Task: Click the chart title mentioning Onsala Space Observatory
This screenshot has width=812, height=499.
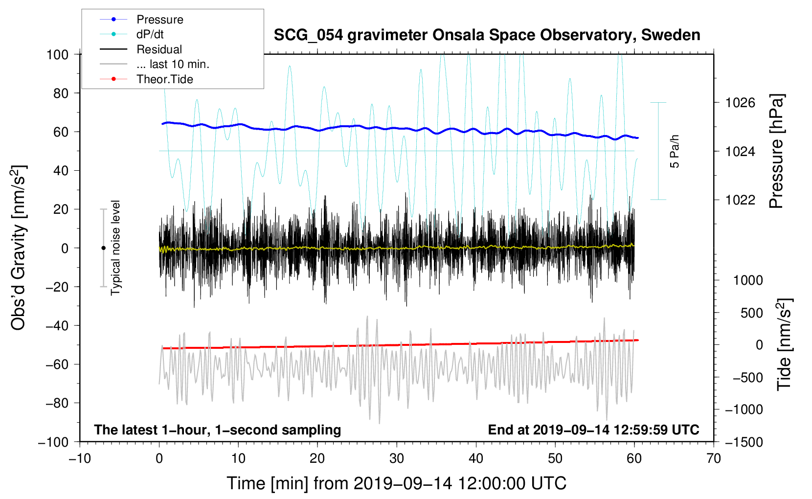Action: (487, 35)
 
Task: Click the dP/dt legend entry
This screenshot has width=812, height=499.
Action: (150, 34)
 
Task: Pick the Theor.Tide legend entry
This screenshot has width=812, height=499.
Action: (164, 79)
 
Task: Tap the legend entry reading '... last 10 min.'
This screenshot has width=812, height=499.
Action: (173, 64)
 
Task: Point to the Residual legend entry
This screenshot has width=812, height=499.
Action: (159, 49)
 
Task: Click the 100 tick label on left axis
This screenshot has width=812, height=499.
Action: (57, 54)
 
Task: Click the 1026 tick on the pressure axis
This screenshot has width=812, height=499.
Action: (740, 103)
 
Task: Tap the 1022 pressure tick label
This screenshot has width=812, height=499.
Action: (740, 200)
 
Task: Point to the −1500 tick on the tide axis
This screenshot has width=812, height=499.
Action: (744, 442)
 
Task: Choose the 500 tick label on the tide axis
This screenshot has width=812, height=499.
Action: (751, 313)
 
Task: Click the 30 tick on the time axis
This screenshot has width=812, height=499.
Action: (397, 458)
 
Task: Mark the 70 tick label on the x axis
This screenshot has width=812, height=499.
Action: (714, 458)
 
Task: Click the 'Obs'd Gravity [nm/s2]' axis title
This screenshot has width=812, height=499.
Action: (19, 248)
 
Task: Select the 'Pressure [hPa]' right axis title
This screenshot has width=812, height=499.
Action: (776, 151)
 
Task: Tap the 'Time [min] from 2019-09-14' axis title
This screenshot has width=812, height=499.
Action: (397, 483)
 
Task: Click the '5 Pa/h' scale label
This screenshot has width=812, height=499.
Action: (675, 151)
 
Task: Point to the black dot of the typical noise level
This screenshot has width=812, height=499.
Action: (103, 248)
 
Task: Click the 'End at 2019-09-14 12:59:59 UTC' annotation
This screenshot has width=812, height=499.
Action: (593, 430)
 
